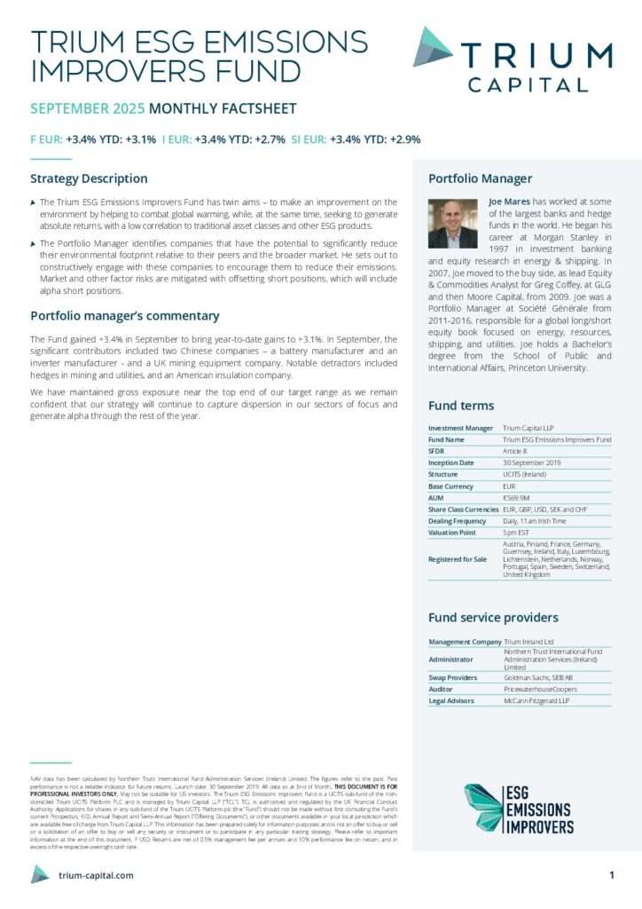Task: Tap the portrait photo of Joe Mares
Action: coord(452,223)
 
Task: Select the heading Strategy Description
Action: coord(89,178)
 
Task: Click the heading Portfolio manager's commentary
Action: coord(125,315)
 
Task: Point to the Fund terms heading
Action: coord(461,406)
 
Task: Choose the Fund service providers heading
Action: coord(493,617)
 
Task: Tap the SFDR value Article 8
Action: coord(515,451)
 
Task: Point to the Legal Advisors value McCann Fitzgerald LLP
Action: coord(536,700)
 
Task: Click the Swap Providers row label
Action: coord(453,677)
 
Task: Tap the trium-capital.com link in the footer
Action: coord(96,875)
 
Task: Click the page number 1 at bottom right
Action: coord(612,875)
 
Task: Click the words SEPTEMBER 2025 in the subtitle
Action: coord(88,109)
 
